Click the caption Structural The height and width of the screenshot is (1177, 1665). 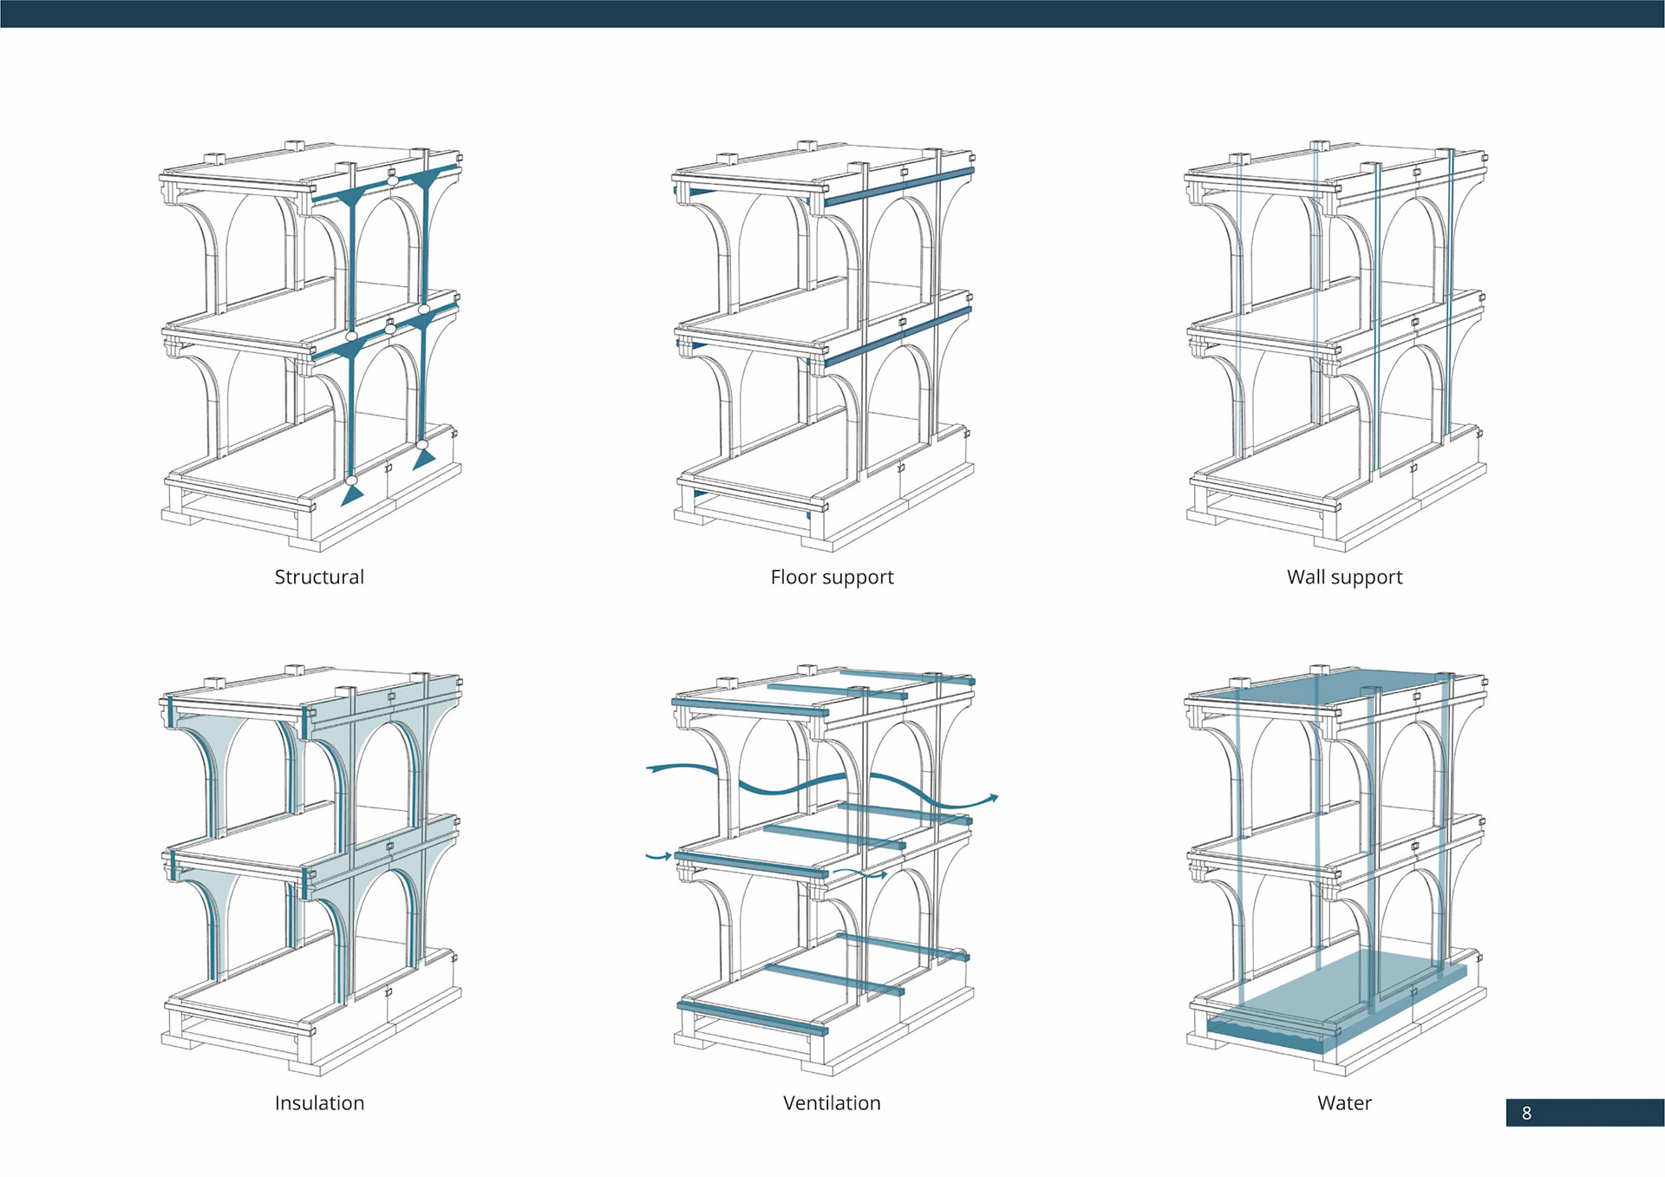319,577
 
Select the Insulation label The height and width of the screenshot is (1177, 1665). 319,1102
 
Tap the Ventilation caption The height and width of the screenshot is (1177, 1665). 832,1102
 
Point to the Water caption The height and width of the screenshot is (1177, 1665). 1344,1102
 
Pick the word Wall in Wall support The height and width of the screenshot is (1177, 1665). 1305,577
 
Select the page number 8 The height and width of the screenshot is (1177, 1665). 1526,1113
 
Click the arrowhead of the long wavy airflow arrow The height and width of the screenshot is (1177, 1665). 993,797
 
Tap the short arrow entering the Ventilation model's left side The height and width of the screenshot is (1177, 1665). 659,857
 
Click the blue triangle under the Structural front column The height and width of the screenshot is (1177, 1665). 352,496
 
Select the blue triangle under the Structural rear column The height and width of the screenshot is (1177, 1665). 424,459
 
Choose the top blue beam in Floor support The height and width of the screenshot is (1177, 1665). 898,186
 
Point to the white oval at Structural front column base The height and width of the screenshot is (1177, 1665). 351,480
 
